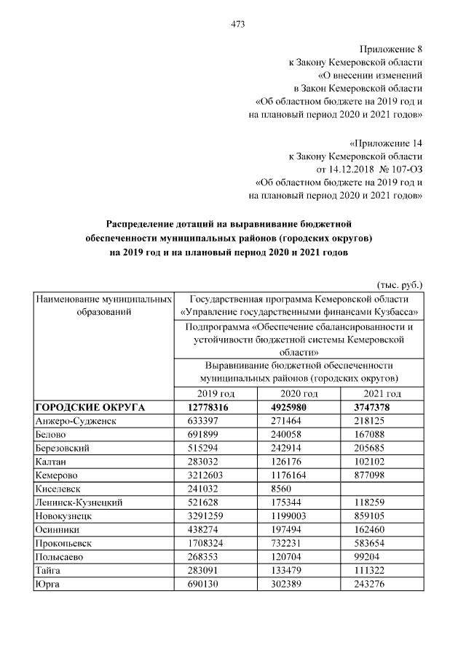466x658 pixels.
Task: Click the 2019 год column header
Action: point(217,393)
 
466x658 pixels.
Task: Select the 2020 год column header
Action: point(299,393)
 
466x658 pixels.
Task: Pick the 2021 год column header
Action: point(382,393)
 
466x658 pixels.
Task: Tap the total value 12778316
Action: point(208,407)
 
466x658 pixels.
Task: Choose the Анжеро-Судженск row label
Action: point(76,421)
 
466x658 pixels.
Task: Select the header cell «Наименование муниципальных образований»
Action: point(103,305)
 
